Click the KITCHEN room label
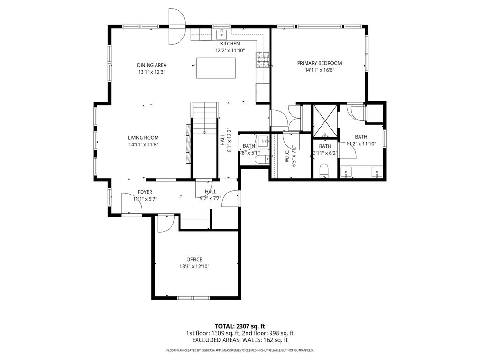pos(227,44)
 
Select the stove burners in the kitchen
pos(262,60)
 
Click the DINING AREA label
pos(151,65)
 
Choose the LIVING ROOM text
pos(143,137)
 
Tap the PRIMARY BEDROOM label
pos(319,63)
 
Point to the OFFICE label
pos(194,259)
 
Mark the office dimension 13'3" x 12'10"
pos(194,266)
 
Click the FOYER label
pos(144,192)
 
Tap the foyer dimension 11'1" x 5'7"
pos(144,199)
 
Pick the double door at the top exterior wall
pos(177,26)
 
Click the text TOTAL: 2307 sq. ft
pos(240,326)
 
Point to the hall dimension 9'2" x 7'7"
pos(210,198)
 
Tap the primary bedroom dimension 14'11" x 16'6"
pos(319,70)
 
